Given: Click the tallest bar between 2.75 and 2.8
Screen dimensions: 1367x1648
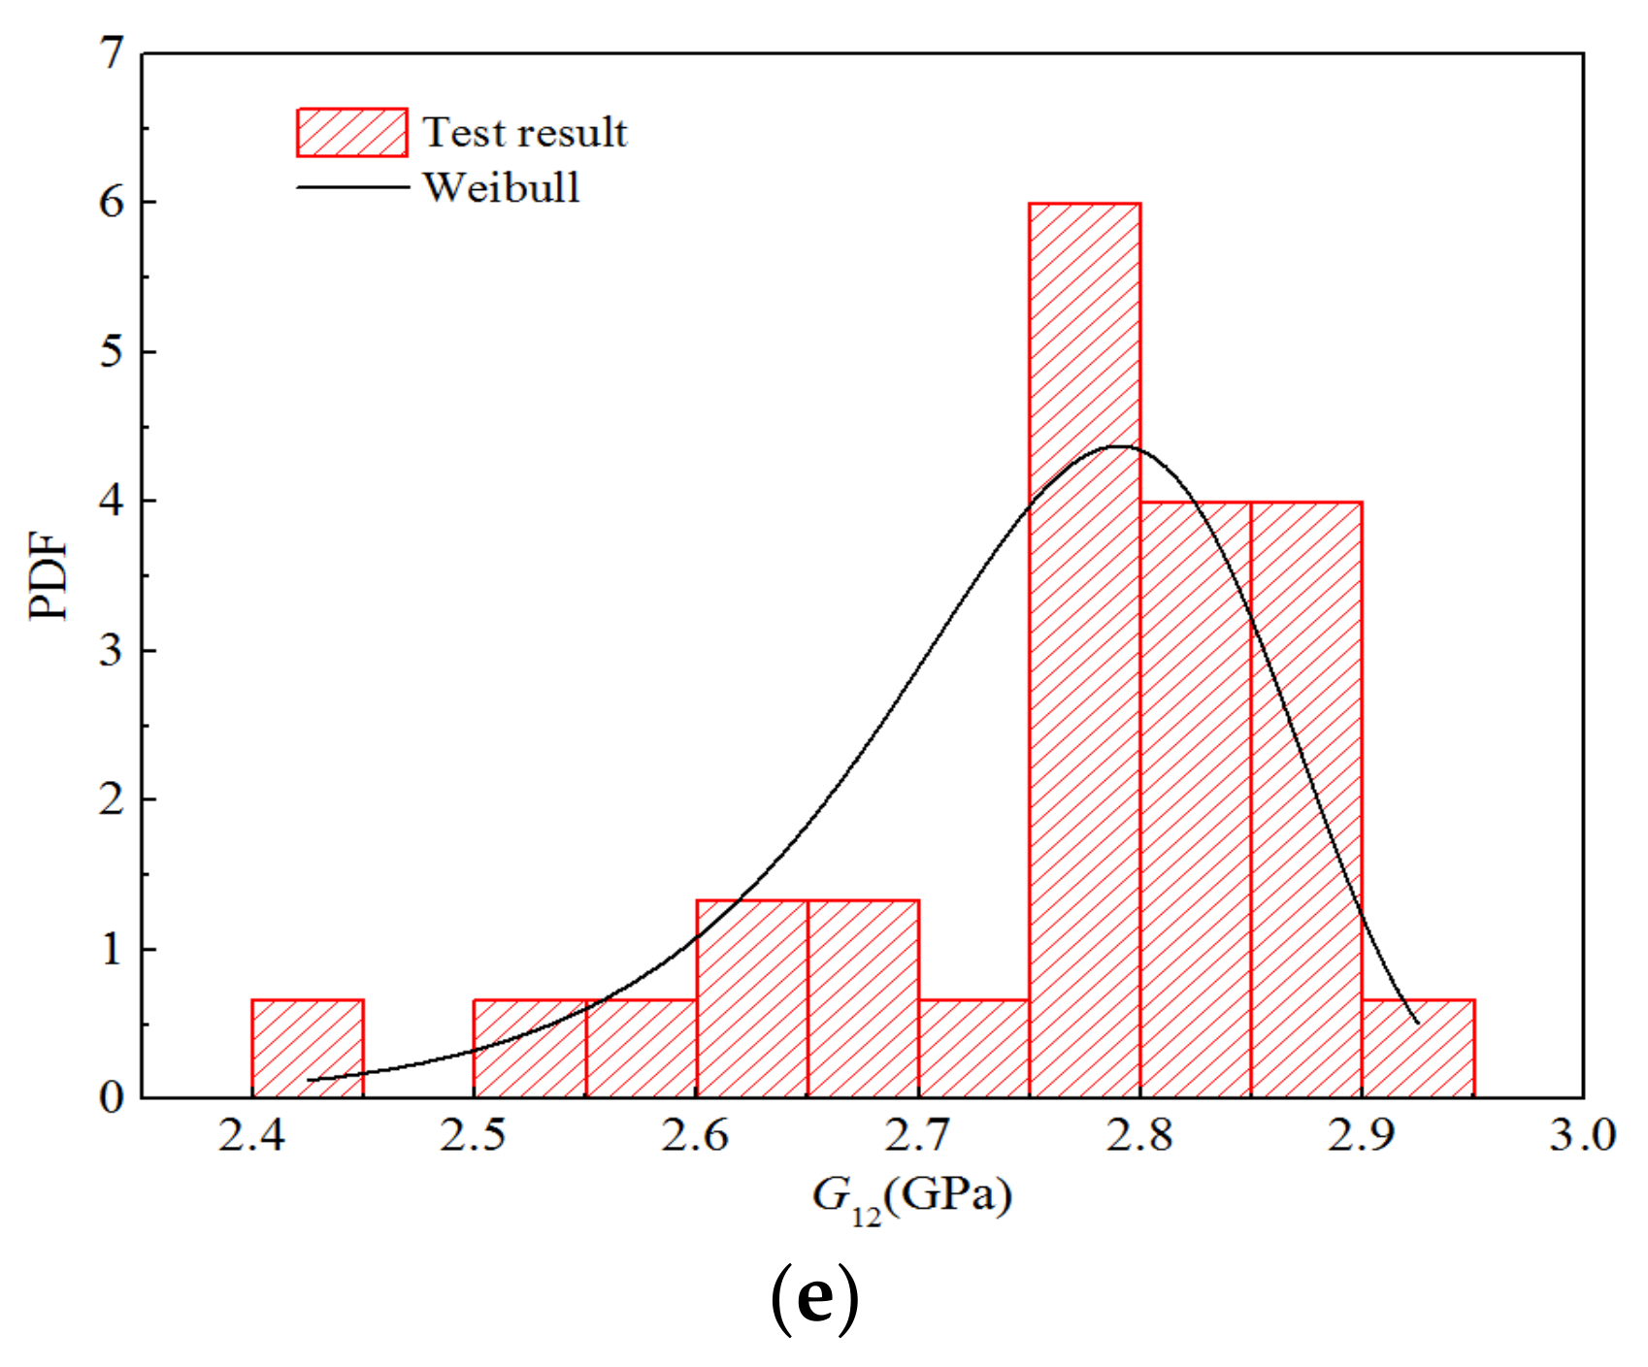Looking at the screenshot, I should point(1084,650).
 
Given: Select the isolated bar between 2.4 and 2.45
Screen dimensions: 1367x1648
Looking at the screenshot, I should point(308,1049).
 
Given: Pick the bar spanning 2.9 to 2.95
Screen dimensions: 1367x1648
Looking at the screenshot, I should point(1418,1049).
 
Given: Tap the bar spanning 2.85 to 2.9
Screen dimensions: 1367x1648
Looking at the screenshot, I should point(1306,799).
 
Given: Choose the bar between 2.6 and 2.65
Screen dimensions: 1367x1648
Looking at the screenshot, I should point(752,999).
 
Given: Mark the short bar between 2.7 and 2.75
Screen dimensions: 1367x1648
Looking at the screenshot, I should point(973,1049).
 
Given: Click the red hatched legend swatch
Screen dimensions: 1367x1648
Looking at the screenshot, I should point(351,133).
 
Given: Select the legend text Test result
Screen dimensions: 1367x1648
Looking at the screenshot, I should point(525,133).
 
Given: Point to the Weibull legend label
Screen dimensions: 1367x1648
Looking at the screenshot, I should point(502,187).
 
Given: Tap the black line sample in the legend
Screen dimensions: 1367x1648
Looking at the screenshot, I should point(351,187).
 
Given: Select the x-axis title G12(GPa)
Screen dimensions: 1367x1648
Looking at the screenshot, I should point(911,1199).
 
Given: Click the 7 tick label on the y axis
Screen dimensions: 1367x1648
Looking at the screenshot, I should point(114,53).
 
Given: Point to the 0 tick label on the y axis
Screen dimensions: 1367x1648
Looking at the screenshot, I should point(113,1098).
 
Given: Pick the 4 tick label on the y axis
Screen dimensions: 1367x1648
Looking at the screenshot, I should point(113,501).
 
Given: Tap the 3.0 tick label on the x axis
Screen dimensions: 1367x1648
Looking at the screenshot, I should point(1582,1135).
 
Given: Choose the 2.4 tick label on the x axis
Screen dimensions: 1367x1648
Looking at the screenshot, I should point(252,1135).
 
